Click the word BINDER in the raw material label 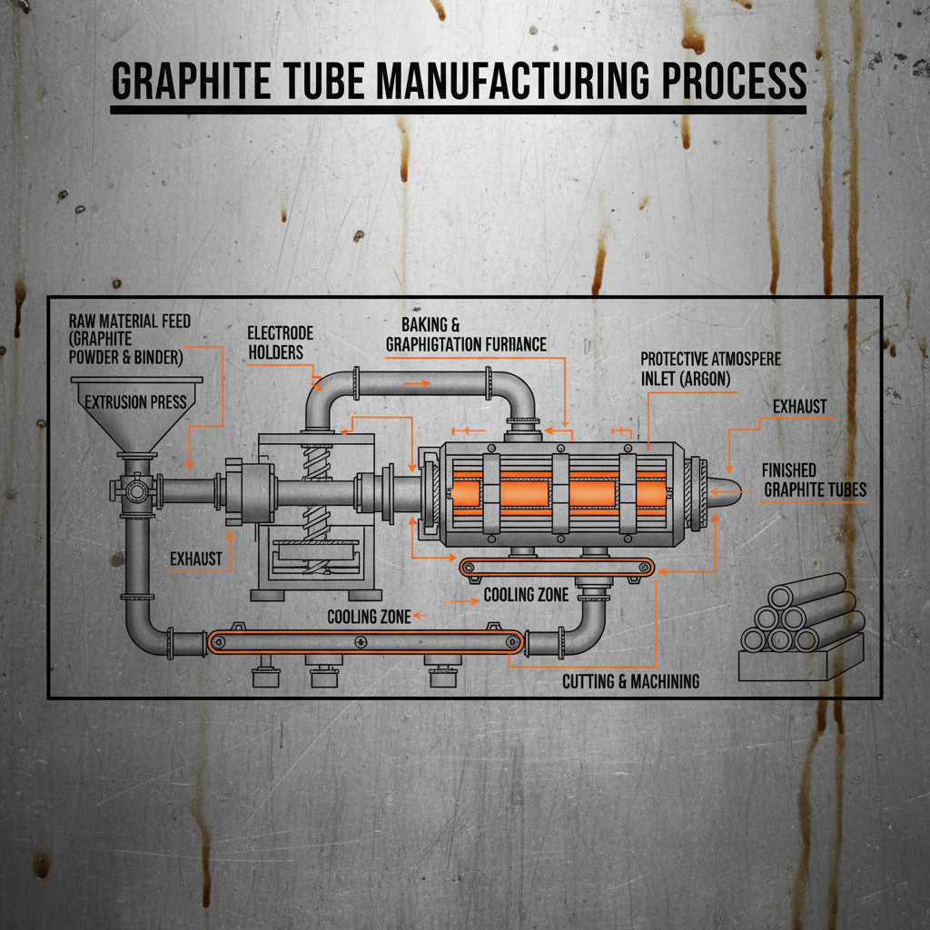[154, 357]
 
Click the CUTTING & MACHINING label [630, 680]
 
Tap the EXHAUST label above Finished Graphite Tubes [799, 406]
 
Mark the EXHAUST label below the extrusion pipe [195, 559]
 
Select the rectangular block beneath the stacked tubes [799, 661]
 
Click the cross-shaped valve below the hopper [135, 490]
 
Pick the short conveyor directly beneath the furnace [556, 569]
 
